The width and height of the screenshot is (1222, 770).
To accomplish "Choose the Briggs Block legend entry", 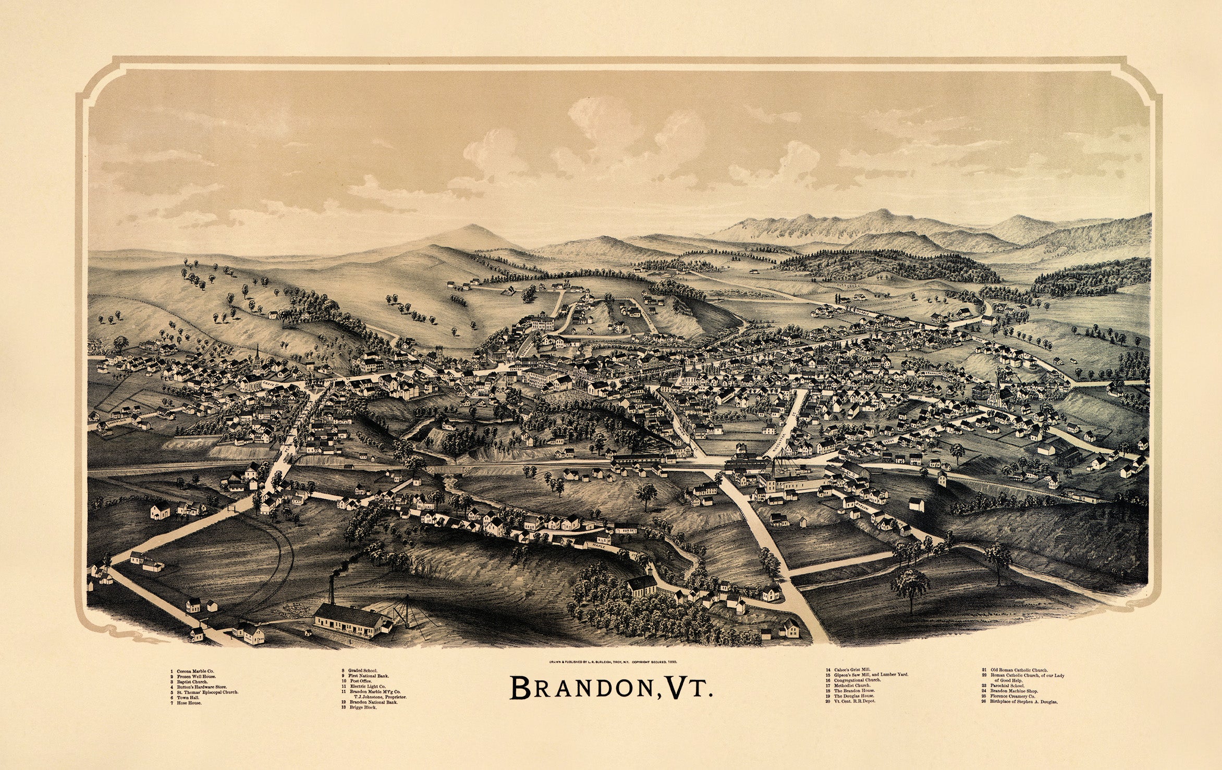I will pos(363,707).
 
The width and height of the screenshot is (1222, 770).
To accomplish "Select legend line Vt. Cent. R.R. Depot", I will pos(855,701).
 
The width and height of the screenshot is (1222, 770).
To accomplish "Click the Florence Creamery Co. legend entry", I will pos(1008,697).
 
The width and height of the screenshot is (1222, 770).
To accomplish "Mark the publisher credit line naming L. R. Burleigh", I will pos(612,662).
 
